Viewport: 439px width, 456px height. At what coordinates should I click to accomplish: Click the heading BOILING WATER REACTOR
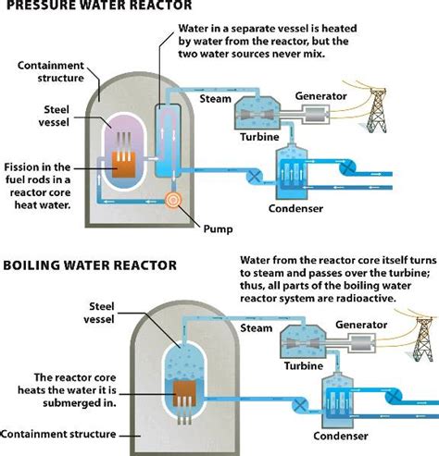90,265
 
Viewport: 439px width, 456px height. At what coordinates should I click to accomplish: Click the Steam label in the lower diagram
257,327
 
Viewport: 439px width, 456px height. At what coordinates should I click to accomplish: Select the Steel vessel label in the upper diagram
75,115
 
